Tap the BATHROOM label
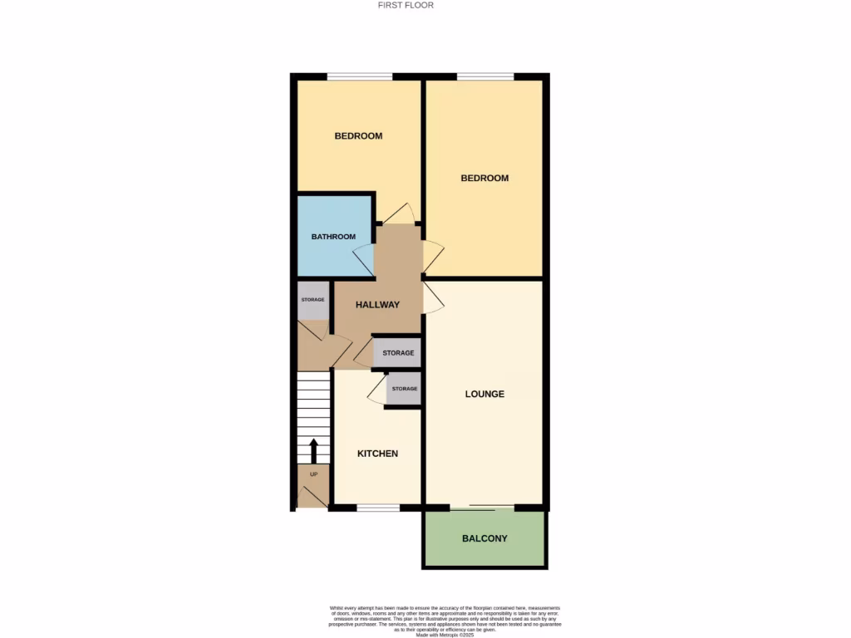[x=333, y=237]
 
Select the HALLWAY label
[x=377, y=305]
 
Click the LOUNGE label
[x=485, y=394]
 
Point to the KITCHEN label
[x=377, y=454]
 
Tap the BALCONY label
[x=485, y=538]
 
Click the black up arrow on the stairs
[x=314, y=452]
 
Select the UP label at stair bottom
[x=313, y=474]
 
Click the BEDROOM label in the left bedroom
[x=358, y=135]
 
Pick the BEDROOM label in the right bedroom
[x=485, y=178]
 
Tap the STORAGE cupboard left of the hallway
[x=312, y=301]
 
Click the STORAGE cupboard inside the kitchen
[x=405, y=389]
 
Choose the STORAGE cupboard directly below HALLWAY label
[x=398, y=353]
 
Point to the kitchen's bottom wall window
[x=377, y=507]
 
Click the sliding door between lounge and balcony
[x=482, y=507]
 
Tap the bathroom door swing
[x=364, y=260]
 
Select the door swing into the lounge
[x=433, y=297]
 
